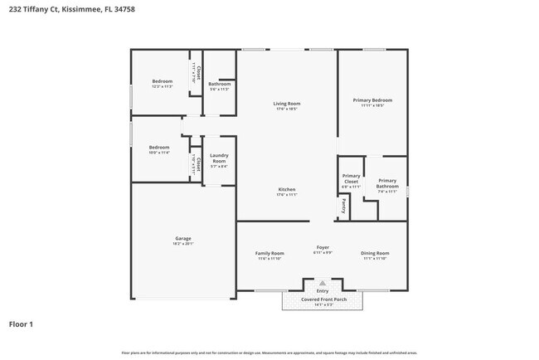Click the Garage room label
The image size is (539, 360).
tap(182, 238)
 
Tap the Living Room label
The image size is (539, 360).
tap(286, 104)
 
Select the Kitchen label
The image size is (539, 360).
tap(286, 189)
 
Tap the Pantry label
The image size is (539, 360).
tap(343, 205)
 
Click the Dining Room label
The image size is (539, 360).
tap(375, 253)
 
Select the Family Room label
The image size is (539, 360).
tap(269, 253)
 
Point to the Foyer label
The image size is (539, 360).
tap(323, 247)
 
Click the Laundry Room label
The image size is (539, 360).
tap(219, 158)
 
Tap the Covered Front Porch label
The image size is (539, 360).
tap(323, 299)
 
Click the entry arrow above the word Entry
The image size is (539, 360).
tap(323, 283)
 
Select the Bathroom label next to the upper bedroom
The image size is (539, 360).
tap(220, 83)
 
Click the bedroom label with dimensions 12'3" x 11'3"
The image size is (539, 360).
tap(162, 81)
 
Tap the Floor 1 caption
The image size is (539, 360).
tap(21, 324)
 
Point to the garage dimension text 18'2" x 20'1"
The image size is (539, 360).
tap(182, 244)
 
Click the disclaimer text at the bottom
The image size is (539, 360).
tap(269, 352)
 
